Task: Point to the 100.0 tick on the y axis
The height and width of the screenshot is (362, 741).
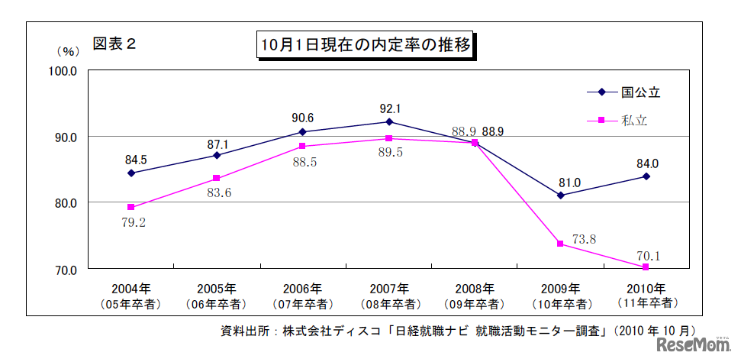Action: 63,70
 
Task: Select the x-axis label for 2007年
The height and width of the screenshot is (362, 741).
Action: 388,289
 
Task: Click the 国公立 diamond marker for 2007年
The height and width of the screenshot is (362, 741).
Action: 389,122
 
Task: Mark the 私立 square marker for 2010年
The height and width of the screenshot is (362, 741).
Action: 646,267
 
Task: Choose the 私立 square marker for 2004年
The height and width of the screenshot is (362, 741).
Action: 131,207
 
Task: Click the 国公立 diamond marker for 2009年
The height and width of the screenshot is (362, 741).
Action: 560,196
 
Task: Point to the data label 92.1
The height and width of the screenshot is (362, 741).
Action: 389,108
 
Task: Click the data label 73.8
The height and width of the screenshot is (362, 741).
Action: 584,240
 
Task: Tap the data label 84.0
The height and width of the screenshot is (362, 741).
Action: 647,163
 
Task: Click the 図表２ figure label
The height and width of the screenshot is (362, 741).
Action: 114,44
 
